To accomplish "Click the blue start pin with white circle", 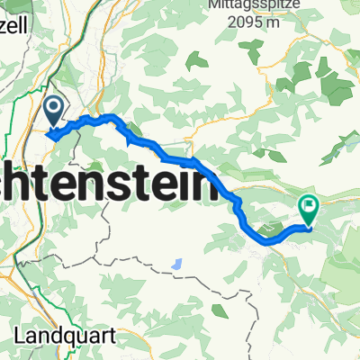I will pyautogui.click(x=54, y=111).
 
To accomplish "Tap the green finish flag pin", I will pyautogui.click(x=309, y=210).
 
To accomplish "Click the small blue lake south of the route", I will pyautogui.click(x=177, y=265).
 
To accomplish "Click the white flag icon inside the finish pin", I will pyautogui.click(x=309, y=207).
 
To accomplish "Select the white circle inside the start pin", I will pyautogui.click(x=54, y=109).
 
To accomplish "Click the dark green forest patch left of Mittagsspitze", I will pyautogui.click(x=196, y=61).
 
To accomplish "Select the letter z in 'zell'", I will pyautogui.click(x=4, y=19).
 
